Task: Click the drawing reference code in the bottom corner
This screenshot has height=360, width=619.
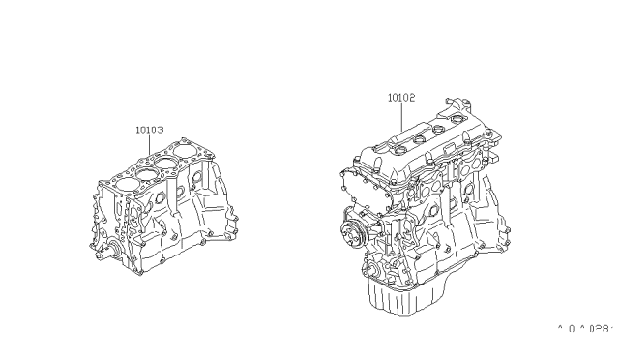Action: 584,329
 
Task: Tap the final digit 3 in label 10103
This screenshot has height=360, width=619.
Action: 161,128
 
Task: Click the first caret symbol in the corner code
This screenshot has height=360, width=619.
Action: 560,328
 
